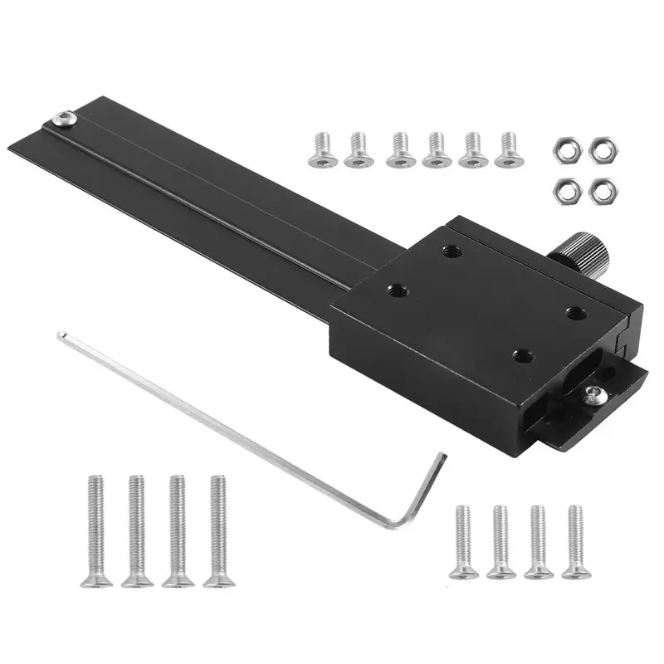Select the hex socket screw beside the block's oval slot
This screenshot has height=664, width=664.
(591, 397)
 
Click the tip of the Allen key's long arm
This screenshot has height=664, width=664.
(61, 335)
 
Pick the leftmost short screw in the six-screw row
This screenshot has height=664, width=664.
(318, 147)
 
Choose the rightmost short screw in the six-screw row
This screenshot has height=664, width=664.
(507, 149)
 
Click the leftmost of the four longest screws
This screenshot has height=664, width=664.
(95, 531)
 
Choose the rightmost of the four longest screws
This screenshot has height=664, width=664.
(217, 531)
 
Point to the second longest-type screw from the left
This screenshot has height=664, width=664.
(135, 531)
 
